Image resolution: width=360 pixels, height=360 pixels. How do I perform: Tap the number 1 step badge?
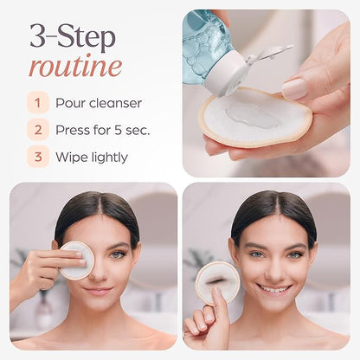pos(37,103)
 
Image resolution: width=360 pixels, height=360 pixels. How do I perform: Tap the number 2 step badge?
pos(37,130)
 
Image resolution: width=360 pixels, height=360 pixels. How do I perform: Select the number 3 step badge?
pos(37,157)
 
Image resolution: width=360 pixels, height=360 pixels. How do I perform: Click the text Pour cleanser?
pos(98,103)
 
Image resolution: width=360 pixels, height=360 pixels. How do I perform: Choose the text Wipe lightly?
pos(91,157)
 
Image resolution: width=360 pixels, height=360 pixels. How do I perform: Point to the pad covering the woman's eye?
pos(76,260)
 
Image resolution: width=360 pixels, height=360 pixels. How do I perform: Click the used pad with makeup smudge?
pos(216,282)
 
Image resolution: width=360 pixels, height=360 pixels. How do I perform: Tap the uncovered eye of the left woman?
pos(116,254)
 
